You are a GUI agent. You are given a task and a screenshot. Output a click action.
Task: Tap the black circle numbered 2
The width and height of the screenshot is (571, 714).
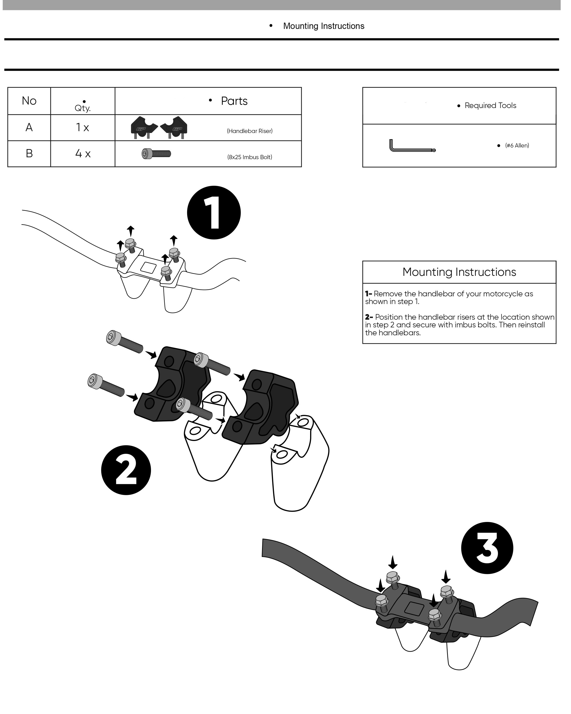pos(126,470)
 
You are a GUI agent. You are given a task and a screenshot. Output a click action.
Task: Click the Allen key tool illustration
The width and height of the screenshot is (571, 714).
pos(412,146)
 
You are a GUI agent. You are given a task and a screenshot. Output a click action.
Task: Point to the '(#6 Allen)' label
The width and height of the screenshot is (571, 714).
pos(517,145)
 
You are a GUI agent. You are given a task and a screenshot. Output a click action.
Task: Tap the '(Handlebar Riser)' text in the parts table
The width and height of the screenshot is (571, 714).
pos(249,131)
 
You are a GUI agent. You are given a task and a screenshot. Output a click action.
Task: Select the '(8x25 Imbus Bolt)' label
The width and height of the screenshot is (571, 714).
pos(249,157)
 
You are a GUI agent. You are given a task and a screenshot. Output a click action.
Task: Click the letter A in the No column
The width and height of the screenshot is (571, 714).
pos(29,127)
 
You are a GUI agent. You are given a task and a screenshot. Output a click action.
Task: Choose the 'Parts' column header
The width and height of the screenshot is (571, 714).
pos(234,101)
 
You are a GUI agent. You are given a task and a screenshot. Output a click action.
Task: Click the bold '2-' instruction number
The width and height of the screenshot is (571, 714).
pos(369,317)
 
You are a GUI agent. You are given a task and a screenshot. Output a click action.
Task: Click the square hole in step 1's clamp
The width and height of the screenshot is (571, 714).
pos(148,267)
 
